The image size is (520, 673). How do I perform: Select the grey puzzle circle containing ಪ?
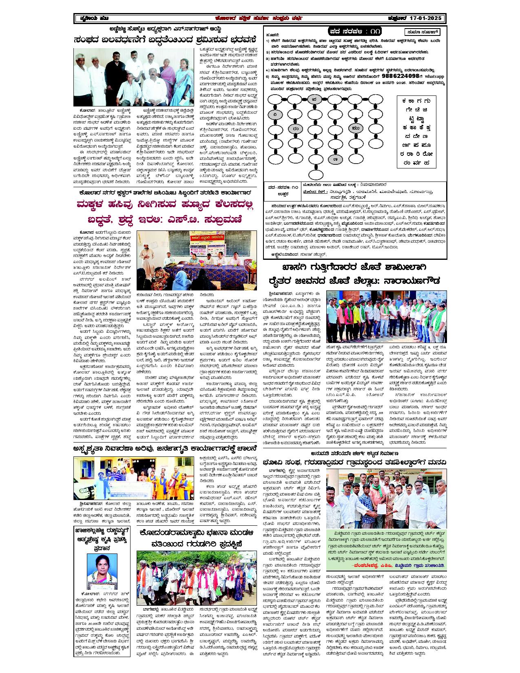[x=314, y=99]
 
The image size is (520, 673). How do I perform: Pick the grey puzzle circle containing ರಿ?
[x=276, y=115]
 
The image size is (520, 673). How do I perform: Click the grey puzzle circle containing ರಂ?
[x=295, y=129]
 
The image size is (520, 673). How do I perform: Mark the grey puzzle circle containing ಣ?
[x=335, y=158]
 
